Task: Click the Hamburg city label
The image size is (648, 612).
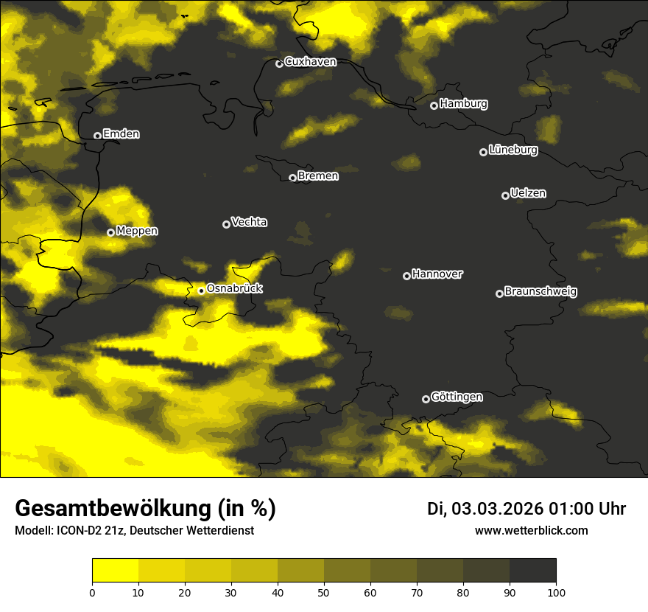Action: click(x=463, y=104)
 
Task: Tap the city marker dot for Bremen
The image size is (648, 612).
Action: click(x=292, y=178)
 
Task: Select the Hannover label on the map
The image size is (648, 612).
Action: click(x=437, y=274)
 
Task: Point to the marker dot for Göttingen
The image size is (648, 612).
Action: click(x=426, y=399)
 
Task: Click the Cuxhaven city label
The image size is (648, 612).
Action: click(x=310, y=62)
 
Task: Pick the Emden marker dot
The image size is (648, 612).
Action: click(x=97, y=136)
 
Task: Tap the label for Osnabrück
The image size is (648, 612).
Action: click(x=234, y=289)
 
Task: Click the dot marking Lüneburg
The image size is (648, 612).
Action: click(x=483, y=152)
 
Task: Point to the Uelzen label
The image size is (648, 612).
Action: click(x=528, y=193)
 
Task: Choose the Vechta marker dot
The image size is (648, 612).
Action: click(x=226, y=224)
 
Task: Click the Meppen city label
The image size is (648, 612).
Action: click(x=137, y=231)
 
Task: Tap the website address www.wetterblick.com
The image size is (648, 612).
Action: click(x=532, y=530)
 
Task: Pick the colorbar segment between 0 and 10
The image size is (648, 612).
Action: click(x=116, y=571)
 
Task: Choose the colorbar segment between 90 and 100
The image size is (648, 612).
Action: click(x=532, y=571)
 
